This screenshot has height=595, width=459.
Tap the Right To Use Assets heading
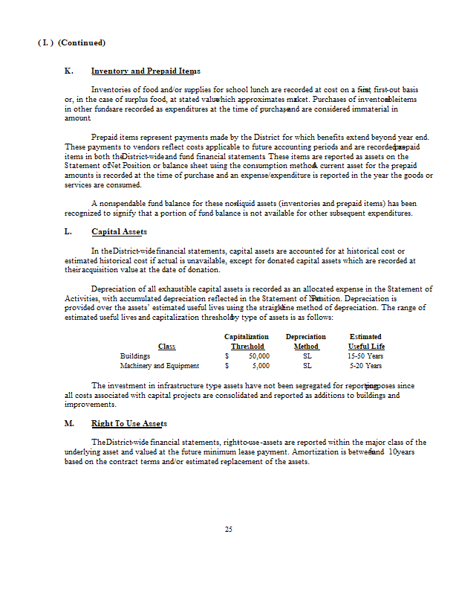(128, 423)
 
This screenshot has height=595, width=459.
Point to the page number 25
(229, 530)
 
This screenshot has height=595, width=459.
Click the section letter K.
(68, 71)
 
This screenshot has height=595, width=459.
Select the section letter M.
(69, 423)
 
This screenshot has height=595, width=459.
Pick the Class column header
(166, 347)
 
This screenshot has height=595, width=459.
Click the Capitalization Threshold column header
(247, 341)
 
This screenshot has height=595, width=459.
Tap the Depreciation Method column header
(306, 341)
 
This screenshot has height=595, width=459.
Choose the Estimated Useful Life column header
(366, 341)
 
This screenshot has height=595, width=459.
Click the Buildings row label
(135, 356)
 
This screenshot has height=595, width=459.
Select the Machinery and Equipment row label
(160, 366)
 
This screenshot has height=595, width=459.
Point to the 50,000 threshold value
(259, 356)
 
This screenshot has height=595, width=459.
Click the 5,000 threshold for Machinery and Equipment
(261, 366)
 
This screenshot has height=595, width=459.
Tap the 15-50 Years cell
(365, 356)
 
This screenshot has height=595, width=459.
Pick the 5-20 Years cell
(365, 366)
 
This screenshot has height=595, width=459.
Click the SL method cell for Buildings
(307, 356)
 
